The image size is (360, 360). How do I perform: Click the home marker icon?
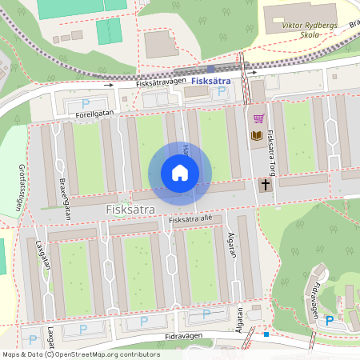180,173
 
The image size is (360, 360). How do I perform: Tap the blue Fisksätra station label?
213,80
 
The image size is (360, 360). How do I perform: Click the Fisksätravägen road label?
161,81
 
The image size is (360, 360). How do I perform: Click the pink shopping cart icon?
258,118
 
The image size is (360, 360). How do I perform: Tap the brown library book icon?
257,136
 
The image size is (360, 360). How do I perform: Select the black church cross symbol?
265,185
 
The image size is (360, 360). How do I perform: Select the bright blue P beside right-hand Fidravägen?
329,321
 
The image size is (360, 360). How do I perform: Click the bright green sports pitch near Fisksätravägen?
108,32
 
